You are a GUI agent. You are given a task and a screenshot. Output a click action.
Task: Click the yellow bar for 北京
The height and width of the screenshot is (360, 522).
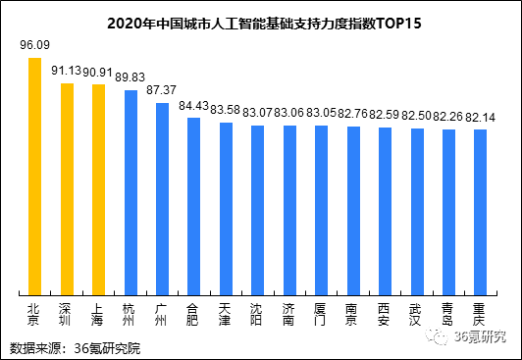[x=34, y=176]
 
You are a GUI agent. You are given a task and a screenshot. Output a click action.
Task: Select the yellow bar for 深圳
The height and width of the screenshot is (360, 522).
[x=67, y=187]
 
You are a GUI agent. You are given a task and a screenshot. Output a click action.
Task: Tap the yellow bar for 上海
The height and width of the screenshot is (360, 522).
[x=98, y=188]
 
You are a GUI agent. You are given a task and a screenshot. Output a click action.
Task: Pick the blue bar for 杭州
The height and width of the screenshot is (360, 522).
[x=130, y=191]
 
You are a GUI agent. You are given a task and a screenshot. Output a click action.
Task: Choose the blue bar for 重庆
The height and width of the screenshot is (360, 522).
[x=480, y=211]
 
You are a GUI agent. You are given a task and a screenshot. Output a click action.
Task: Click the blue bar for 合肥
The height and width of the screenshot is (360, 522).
[x=193, y=205]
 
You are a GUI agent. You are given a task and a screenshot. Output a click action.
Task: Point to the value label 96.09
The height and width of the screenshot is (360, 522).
[x=35, y=45]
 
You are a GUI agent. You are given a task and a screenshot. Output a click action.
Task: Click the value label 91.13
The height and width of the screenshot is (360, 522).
[x=67, y=70]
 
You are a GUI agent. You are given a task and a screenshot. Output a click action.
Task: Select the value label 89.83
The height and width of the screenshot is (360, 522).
[x=130, y=77]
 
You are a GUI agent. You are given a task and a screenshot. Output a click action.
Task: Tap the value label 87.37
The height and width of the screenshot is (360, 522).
[x=162, y=89]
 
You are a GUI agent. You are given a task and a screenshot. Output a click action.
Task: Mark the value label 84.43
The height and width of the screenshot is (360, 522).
[x=193, y=105]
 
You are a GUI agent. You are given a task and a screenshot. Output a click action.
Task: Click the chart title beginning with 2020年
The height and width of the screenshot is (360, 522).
[x=261, y=21]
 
